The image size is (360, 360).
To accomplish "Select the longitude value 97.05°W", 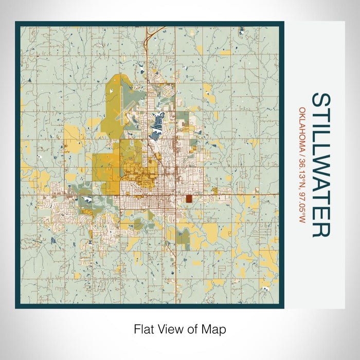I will [302, 206].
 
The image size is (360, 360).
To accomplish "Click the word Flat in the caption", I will [143, 328].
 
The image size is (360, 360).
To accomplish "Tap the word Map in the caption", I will [215, 328].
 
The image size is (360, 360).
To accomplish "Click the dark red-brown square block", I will [189, 199].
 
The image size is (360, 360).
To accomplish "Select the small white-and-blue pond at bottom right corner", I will [266, 290].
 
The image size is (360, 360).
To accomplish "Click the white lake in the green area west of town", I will [86, 199].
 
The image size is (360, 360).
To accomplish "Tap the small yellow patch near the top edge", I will [225, 52].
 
